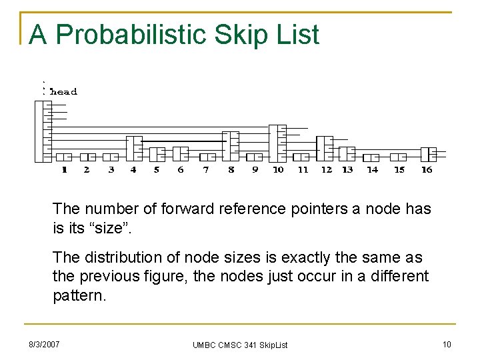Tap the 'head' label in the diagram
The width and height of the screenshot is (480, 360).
coord(64,91)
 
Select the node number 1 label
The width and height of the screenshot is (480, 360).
coord(64,169)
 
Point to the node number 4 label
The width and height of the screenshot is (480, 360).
coord(133,169)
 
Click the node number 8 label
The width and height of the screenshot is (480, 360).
coord(231,169)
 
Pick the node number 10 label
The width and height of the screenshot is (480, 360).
coord(278,169)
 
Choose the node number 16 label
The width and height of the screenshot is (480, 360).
coord(427,169)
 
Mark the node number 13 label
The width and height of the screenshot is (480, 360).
coord(347,169)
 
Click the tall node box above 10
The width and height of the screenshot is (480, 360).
coord(277,143)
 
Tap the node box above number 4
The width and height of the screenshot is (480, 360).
coord(134,149)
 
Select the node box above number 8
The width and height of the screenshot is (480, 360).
coord(231,146)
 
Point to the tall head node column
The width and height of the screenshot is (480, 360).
coord(43,131)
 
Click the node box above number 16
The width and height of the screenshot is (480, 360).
coord(428,154)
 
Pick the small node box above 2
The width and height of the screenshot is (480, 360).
coord(87,157)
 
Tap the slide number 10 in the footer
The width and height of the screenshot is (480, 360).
coord(447,344)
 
